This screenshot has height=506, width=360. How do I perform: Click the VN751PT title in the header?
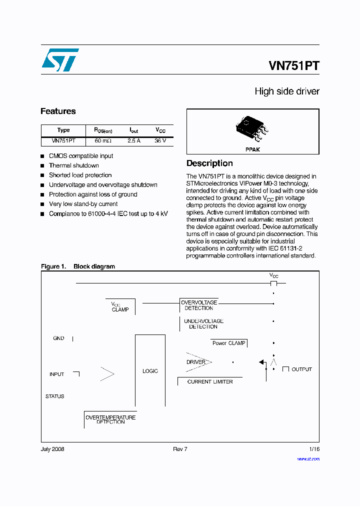(x=293, y=66)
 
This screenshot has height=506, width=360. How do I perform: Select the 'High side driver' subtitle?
(x=286, y=91)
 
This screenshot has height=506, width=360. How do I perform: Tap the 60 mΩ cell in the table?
(x=103, y=141)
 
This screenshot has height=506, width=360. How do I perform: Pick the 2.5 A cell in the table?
(x=133, y=141)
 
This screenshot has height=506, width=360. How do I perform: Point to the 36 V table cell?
(x=160, y=141)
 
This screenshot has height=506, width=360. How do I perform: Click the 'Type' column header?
(x=63, y=130)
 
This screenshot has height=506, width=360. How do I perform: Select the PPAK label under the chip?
(x=252, y=149)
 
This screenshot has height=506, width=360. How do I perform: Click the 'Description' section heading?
(x=209, y=163)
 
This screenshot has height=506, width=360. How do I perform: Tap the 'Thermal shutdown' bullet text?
(x=73, y=165)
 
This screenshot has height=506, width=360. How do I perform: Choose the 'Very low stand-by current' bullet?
(x=83, y=204)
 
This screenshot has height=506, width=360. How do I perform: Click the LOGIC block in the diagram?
(x=150, y=371)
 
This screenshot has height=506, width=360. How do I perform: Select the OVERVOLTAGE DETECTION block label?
(x=199, y=305)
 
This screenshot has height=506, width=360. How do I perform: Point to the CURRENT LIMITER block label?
(x=210, y=381)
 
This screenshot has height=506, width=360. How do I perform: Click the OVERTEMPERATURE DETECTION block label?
(x=110, y=419)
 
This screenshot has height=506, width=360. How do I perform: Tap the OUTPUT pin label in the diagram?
(x=301, y=369)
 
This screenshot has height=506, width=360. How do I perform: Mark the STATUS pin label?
(x=55, y=396)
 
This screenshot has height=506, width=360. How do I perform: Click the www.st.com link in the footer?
(x=308, y=459)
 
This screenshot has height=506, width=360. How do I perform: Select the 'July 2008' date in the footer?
(x=52, y=449)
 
